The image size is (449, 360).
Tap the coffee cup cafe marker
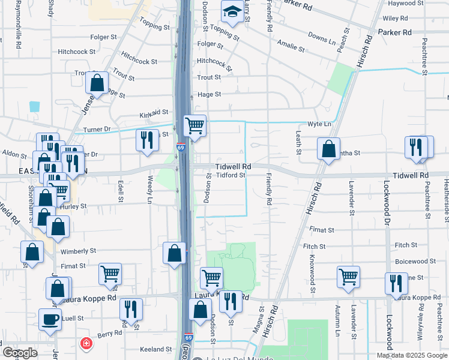pyautogui.click(x=50, y=319)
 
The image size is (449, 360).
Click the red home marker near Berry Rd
pyautogui.click(x=86, y=344)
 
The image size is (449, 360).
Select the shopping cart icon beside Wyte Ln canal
pyautogui.click(x=194, y=126)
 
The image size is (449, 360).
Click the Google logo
pyautogui.click(x=20, y=353)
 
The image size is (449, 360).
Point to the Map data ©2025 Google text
pyautogui.click(x=412, y=355)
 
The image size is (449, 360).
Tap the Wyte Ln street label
pyautogui.click(x=319, y=124)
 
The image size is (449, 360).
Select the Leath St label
pyautogui.click(x=298, y=145)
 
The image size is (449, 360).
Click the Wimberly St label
pyautogui.click(x=78, y=251)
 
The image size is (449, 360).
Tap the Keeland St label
pyautogui.click(x=156, y=349)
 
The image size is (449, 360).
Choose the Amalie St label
pyautogui.click(x=290, y=43)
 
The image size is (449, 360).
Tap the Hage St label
pyautogui.click(x=209, y=94)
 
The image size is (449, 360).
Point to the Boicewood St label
pyautogui.click(x=415, y=262)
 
